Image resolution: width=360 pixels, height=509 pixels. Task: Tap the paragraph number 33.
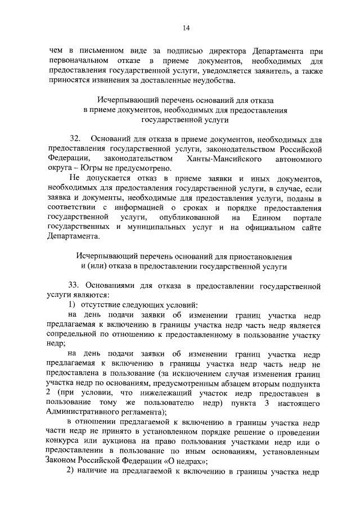(74, 286)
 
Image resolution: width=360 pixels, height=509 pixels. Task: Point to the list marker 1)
(72, 305)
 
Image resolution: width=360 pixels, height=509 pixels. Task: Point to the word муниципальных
(157, 227)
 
